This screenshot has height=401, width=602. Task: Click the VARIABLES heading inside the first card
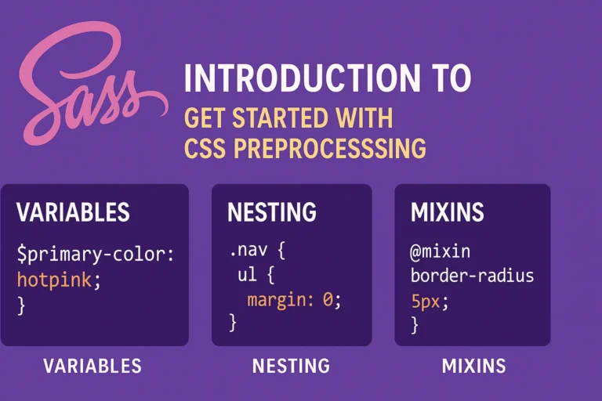pos(73,212)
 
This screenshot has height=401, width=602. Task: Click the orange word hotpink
pos(49,279)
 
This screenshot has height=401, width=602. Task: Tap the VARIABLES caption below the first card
pos(92,366)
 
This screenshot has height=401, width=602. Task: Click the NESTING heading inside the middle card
pos(272,212)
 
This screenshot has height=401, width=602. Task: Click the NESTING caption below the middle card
pos(291,366)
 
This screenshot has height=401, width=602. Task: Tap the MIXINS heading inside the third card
pos(447,212)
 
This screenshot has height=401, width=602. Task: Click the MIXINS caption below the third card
pos(473,366)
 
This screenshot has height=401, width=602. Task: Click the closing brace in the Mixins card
pos(415,324)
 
